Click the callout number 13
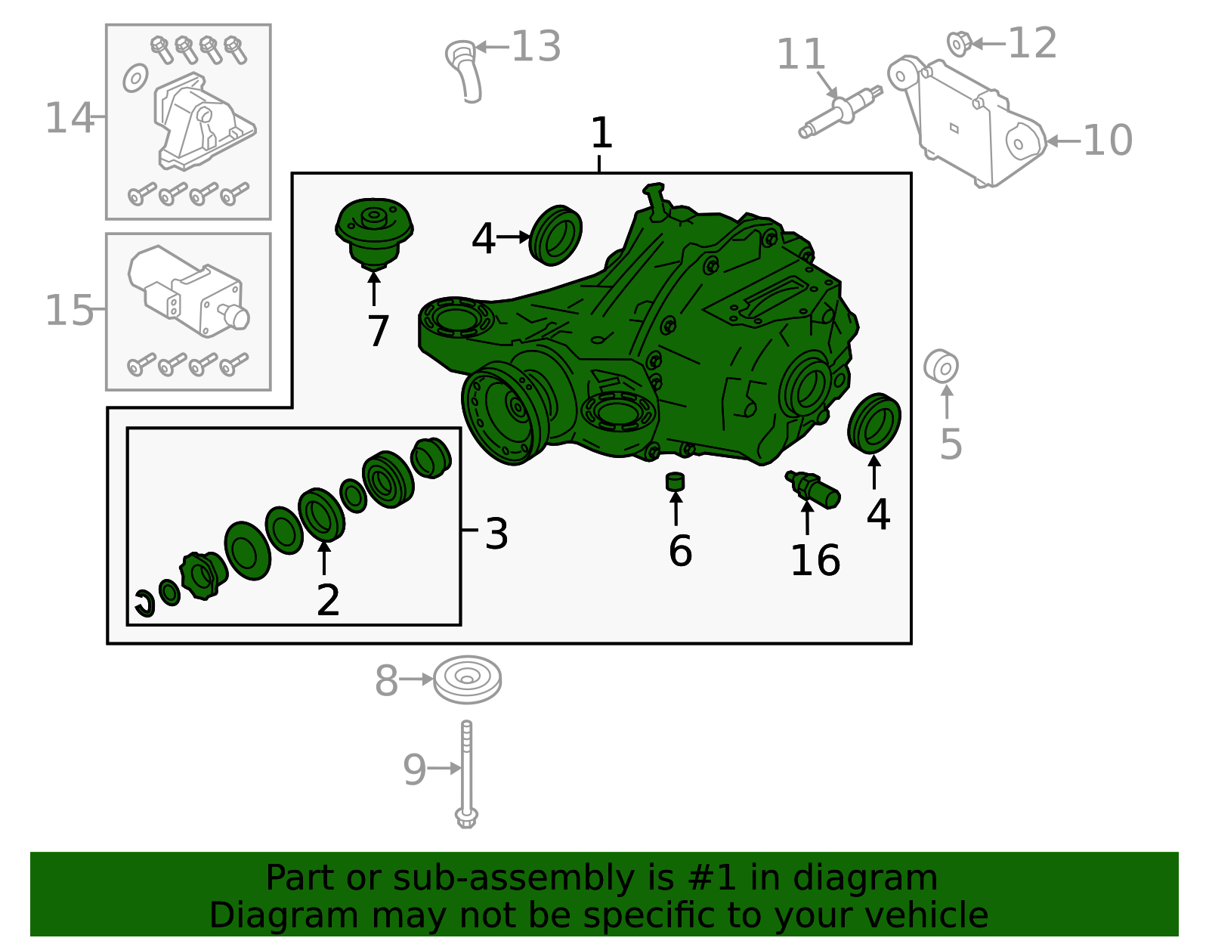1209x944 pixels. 536,46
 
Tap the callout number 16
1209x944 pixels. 815,560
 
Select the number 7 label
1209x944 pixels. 379,331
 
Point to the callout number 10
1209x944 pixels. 1107,140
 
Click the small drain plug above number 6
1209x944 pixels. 676,481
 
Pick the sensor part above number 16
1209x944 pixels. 813,489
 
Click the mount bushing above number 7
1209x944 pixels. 374,234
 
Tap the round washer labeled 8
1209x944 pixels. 467,679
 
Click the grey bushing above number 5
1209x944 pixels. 941,366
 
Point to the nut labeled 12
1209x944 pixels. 959,44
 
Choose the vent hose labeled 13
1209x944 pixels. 465,70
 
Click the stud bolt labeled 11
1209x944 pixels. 840,112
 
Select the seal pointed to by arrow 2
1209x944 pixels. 322,515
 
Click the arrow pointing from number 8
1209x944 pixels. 416,679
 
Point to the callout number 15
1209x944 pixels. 69,311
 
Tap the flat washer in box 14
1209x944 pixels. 135,78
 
